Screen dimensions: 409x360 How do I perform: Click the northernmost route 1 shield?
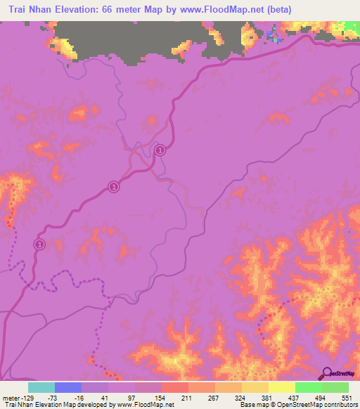[160, 150]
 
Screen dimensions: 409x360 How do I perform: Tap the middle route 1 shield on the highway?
[114, 187]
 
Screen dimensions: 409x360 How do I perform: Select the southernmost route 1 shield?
[40, 243]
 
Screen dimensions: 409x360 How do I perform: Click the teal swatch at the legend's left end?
[42, 388]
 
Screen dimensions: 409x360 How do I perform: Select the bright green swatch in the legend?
[308, 388]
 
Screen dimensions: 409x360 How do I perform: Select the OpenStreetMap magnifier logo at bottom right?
[335, 373]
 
